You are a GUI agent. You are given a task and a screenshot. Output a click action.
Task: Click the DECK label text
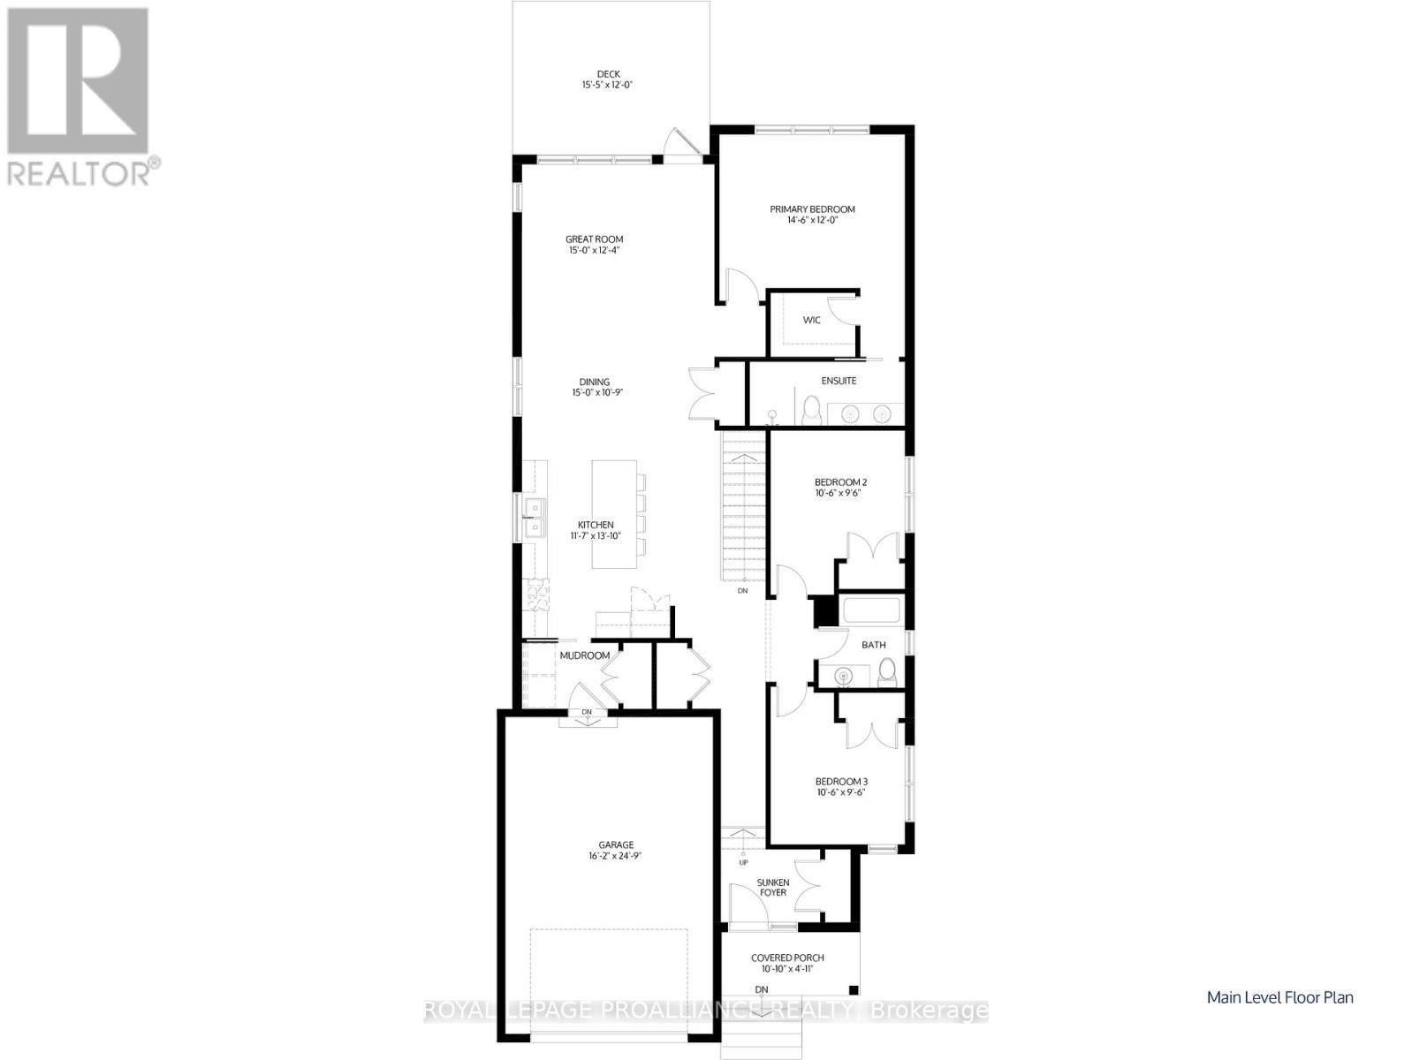[608, 74]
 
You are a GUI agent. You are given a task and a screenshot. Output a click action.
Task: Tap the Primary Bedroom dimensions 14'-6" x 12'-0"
[812, 220]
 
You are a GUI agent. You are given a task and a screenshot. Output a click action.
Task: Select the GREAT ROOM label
[595, 239]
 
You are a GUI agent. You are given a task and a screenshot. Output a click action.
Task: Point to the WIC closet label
[812, 320]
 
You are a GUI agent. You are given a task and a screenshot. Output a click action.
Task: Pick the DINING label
[594, 382]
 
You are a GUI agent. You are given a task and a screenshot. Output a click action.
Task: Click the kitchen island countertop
[614, 514]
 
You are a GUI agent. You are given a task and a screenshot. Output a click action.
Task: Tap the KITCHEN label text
[596, 526]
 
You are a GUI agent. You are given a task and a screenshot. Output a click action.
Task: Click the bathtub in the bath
[871, 610]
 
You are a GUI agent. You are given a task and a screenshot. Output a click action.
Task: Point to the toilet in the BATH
[888, 672]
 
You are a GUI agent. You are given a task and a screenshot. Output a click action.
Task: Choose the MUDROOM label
[584, 655]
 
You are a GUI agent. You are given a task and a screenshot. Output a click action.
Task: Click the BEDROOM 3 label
[841, 782]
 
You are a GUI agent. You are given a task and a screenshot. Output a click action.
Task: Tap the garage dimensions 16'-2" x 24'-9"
[615, 856]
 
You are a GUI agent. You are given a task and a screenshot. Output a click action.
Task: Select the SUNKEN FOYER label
[772, 887]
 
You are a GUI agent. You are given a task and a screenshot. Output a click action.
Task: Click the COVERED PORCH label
[787, 958]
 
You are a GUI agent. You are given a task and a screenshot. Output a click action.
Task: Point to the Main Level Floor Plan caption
[1280, 997]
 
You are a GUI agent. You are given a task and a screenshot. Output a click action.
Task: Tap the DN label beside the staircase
[742, 590]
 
